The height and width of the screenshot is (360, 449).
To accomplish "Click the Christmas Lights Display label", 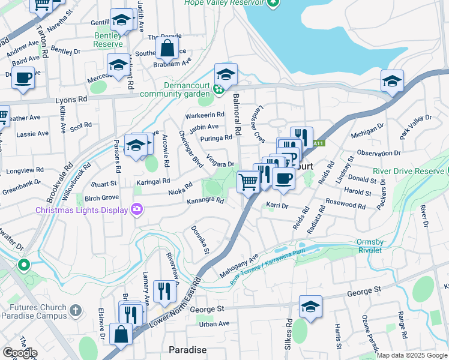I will pos(82,210).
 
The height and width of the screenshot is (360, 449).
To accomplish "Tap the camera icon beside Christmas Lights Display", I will pos(137,209).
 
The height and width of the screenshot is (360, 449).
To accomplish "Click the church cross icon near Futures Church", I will pos(75,310).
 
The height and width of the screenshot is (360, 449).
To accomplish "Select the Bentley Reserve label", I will pos(108,40).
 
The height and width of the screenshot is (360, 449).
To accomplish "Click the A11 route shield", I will pos(319,143).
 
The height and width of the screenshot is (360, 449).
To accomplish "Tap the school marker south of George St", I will pos(310,306).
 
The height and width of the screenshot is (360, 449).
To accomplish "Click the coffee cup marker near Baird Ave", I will pos(23,78).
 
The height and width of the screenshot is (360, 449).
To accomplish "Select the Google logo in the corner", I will pos(19,353).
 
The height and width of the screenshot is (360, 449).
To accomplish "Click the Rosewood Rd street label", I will pos(345,205).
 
